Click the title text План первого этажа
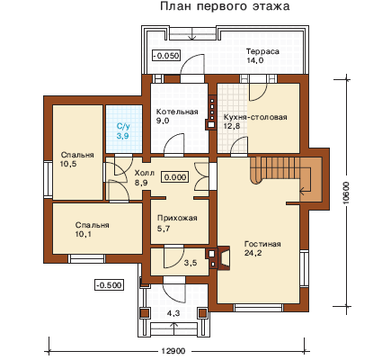225,6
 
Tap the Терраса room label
262,51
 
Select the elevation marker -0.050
166,56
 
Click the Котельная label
177,112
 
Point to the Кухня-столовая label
255,117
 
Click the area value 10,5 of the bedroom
68,164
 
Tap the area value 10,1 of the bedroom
84,234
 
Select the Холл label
145,173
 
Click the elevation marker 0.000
175,177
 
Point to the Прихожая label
177,218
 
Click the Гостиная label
262,244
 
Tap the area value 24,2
253,253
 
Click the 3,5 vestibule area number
191,263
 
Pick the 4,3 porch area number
173,313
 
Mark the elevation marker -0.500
110,284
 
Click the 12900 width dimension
173,351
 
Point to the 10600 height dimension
346,193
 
